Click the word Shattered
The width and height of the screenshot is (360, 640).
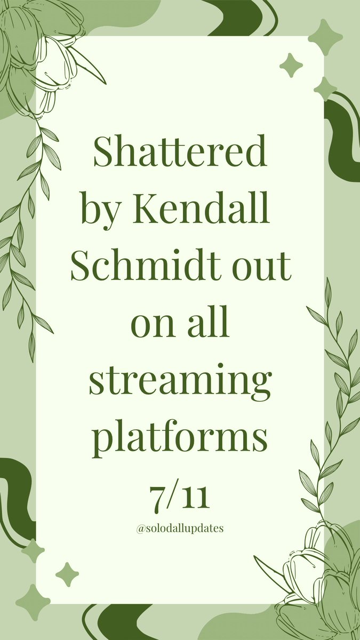pos(180,153)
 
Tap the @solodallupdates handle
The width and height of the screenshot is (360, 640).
pos(180,529)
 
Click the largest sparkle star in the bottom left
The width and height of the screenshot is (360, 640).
pos(33,602)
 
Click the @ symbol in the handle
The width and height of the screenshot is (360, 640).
pos(140,529)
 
